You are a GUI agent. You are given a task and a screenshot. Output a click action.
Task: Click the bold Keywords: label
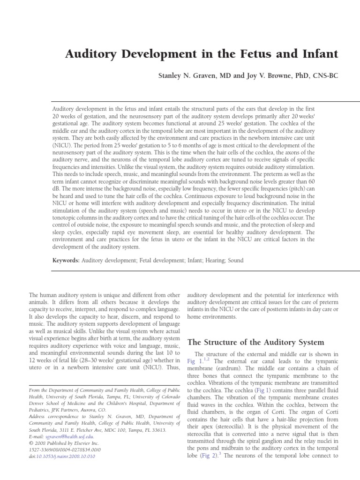tap(66, 260)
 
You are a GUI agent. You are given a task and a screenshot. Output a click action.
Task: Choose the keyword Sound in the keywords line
tap(236, 260)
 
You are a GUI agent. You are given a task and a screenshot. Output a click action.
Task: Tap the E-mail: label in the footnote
tap(39, 436)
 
